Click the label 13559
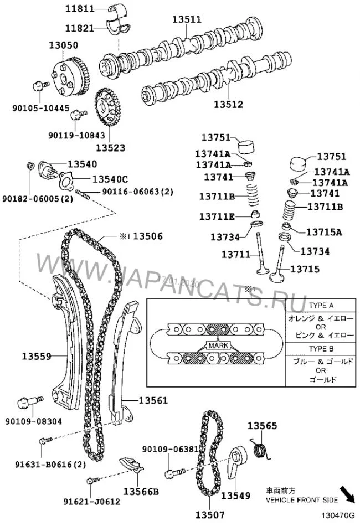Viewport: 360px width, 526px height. coord(37,355)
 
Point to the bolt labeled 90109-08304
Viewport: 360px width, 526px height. coord(26,400)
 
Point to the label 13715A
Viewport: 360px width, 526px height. coord(324,231)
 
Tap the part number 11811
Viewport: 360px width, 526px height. coord(79,9)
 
